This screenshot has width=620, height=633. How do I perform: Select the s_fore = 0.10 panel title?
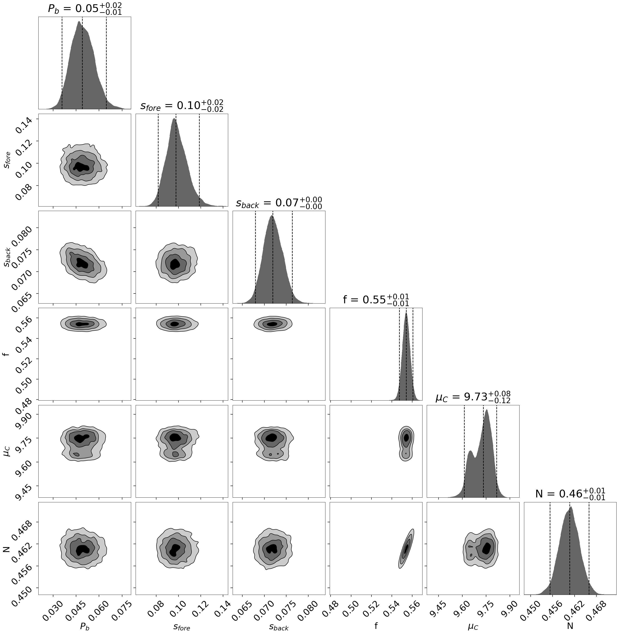[182, 106]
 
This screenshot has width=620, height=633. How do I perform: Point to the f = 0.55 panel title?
[376, 299]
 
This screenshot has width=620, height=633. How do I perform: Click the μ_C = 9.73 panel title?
[473, 397]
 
